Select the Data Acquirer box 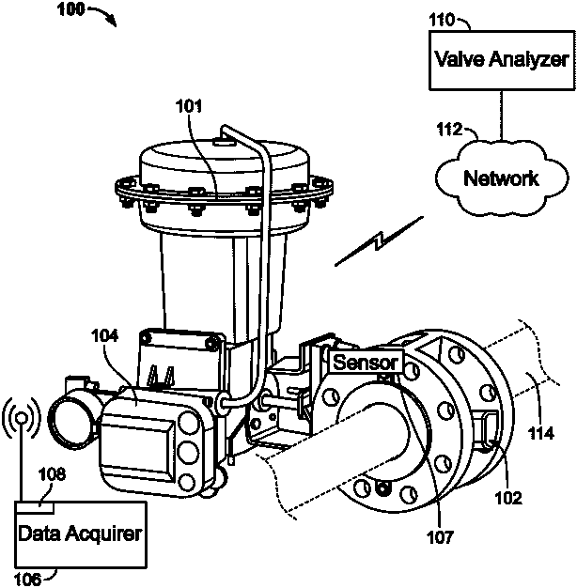[x=81, y=534]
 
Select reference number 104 [x=105, y=334]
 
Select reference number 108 [x=54, y=476]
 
